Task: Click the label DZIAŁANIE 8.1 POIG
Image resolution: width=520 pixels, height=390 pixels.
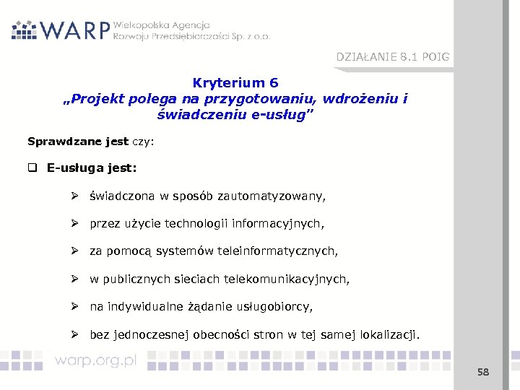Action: coord(392,57)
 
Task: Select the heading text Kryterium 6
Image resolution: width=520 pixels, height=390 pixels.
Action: coord(235,83)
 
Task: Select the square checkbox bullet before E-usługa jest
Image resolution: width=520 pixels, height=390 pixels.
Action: coord(32,169)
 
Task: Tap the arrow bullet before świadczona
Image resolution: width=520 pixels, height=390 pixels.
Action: coord(74,196)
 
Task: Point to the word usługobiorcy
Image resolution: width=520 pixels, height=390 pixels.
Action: coord(277,307)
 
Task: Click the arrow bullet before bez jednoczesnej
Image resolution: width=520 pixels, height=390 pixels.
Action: coord(74,334)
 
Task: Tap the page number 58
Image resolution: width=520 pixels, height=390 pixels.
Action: coord(482,372)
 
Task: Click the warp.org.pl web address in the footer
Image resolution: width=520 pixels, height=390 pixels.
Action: coord(95,360)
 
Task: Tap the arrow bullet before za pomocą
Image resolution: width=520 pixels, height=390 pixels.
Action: coord(74,251)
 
